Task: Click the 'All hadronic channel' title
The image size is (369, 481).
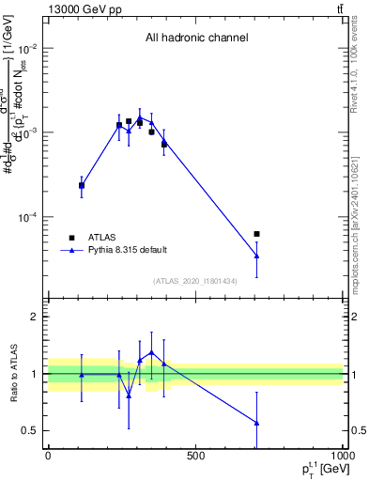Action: pyautogui.click(x=196, y=39)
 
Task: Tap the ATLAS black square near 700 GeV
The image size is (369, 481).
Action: pyautogui.click(x=256, y=234)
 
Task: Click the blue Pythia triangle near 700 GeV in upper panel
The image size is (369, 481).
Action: pyautogui.click(x=256, y=256)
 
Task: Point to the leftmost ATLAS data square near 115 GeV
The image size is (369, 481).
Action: pyautogui.click(x=82, y=186)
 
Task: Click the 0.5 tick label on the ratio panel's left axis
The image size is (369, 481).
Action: pyautogui.click(x=30, y=431)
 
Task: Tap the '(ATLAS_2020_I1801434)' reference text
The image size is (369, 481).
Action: pyautogui.click(x=195, y=281)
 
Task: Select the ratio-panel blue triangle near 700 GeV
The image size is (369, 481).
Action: pyautogui.click(x=256, y=423)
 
